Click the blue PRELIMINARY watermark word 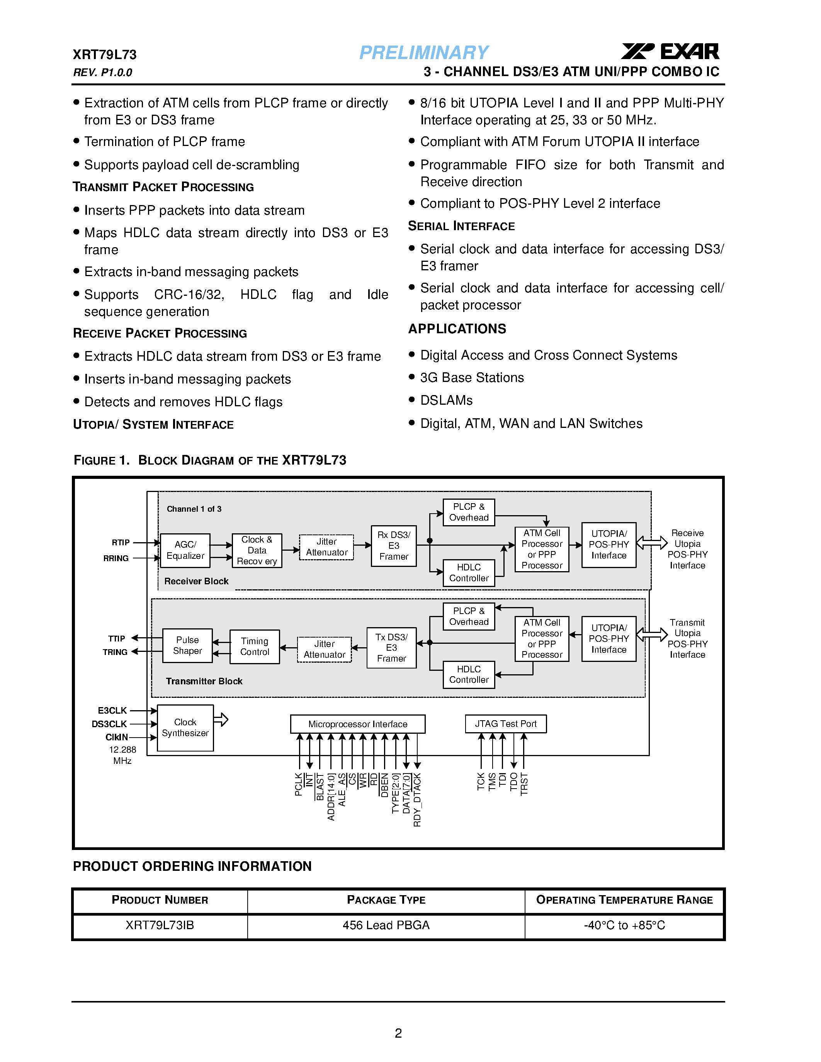[423, 53]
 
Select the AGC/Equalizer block [185, 550]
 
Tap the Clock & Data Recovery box [257, 550]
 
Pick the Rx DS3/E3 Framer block [393, 546]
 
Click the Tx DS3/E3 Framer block [391, 648]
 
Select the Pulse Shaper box [187, 645]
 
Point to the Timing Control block [254, 647]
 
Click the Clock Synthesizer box [185, 728]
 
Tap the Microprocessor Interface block [357, 724]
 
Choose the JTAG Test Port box [505, 724]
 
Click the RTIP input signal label [121, 542]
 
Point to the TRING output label [115, 652]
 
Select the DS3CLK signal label [109, 724]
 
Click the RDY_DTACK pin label [417, 800]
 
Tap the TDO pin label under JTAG [513, 782]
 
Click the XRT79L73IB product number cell [160, 925]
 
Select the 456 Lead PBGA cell [386, 925]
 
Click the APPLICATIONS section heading [457, 329]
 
